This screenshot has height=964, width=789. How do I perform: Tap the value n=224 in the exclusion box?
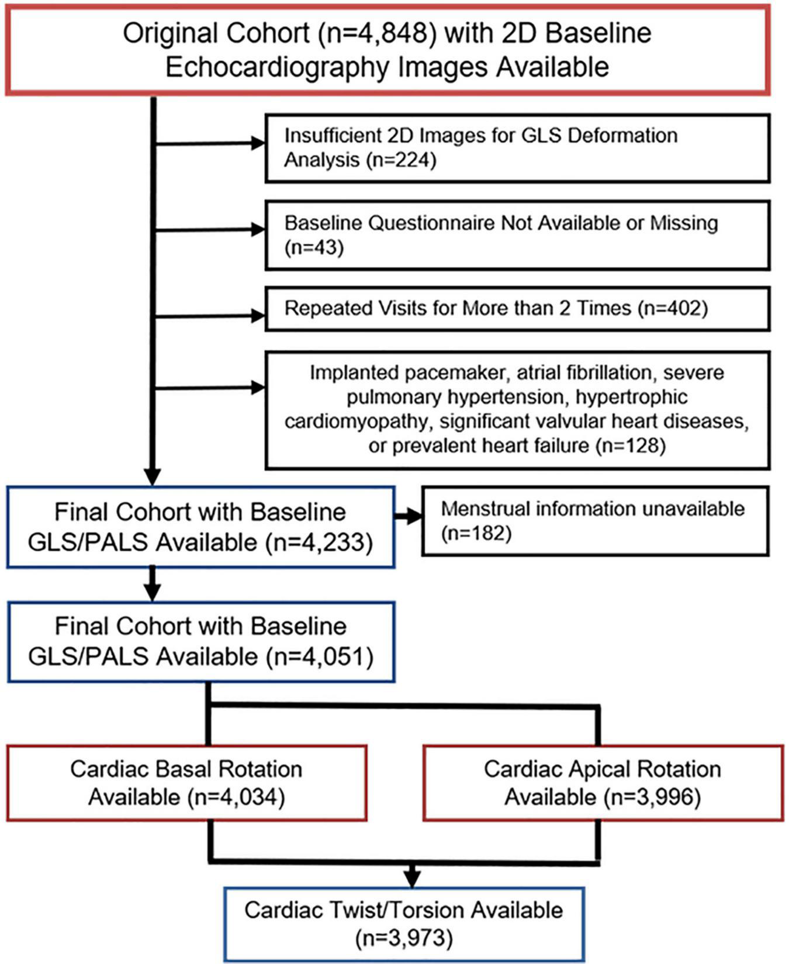click(402, 160)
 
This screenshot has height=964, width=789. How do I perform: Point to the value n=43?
click(314, 247)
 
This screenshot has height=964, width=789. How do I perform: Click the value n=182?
click(476, 533)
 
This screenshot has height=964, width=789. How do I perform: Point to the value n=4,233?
click(319, 543)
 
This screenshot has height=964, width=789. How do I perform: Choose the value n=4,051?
click(319, 657)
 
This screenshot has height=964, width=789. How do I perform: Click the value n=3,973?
click(404, 938)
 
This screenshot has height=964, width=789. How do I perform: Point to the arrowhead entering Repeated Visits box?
click(258, 316)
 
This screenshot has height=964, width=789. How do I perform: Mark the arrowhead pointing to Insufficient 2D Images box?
click(258, 143)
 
